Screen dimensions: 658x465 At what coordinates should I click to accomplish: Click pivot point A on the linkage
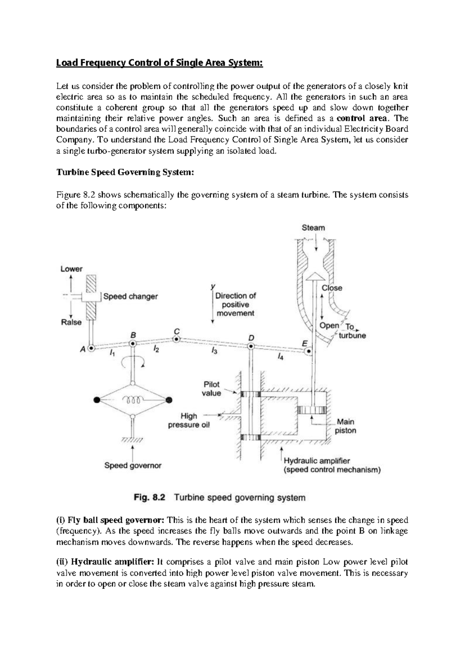91,348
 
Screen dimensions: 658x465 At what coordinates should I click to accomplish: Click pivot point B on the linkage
133,343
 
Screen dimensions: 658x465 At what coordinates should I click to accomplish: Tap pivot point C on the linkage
176,339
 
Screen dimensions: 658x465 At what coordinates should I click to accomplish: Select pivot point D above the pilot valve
251,346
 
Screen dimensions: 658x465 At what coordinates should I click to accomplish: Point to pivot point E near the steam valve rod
308,352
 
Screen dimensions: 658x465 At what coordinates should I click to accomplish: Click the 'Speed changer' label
131,296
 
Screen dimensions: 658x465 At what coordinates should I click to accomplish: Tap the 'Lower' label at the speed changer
71,269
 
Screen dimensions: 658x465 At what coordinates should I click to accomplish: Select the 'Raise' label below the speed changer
71,322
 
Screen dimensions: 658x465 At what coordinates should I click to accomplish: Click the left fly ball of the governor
97,399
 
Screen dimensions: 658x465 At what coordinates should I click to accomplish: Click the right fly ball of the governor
169,399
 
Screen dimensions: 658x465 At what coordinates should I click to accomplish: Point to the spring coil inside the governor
133,399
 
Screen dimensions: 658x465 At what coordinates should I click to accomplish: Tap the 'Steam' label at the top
313,228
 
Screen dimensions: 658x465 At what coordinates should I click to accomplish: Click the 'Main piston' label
345,426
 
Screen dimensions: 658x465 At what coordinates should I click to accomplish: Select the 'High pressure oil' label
189,421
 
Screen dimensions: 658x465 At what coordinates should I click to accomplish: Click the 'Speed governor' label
133,465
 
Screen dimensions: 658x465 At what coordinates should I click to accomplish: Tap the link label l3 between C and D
214,350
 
